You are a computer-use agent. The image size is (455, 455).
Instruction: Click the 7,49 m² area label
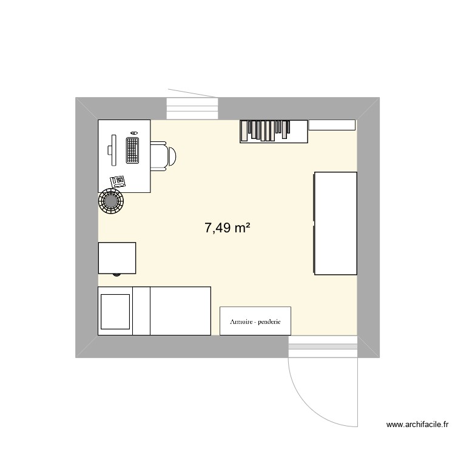point(227,228)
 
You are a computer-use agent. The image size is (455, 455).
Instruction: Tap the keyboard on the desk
point(132,150)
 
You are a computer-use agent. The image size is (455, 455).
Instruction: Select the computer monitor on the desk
point(112,150)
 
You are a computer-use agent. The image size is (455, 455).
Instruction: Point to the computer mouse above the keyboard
point(133,132)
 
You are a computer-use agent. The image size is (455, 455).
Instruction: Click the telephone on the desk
point(118,180)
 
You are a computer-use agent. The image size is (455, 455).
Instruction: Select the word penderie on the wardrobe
point(269,322)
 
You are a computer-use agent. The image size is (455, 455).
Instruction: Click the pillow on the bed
point(115,311)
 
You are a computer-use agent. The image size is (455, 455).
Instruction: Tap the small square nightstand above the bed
point(117,258)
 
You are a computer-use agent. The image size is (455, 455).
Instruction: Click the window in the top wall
point(192,108)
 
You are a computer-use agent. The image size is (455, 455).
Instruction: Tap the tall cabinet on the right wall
point(335,223)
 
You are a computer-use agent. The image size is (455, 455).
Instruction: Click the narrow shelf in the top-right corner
point(332,124)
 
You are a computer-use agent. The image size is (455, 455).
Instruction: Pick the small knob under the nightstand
point(117,275)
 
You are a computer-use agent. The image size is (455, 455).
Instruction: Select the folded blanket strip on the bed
point(141,311)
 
